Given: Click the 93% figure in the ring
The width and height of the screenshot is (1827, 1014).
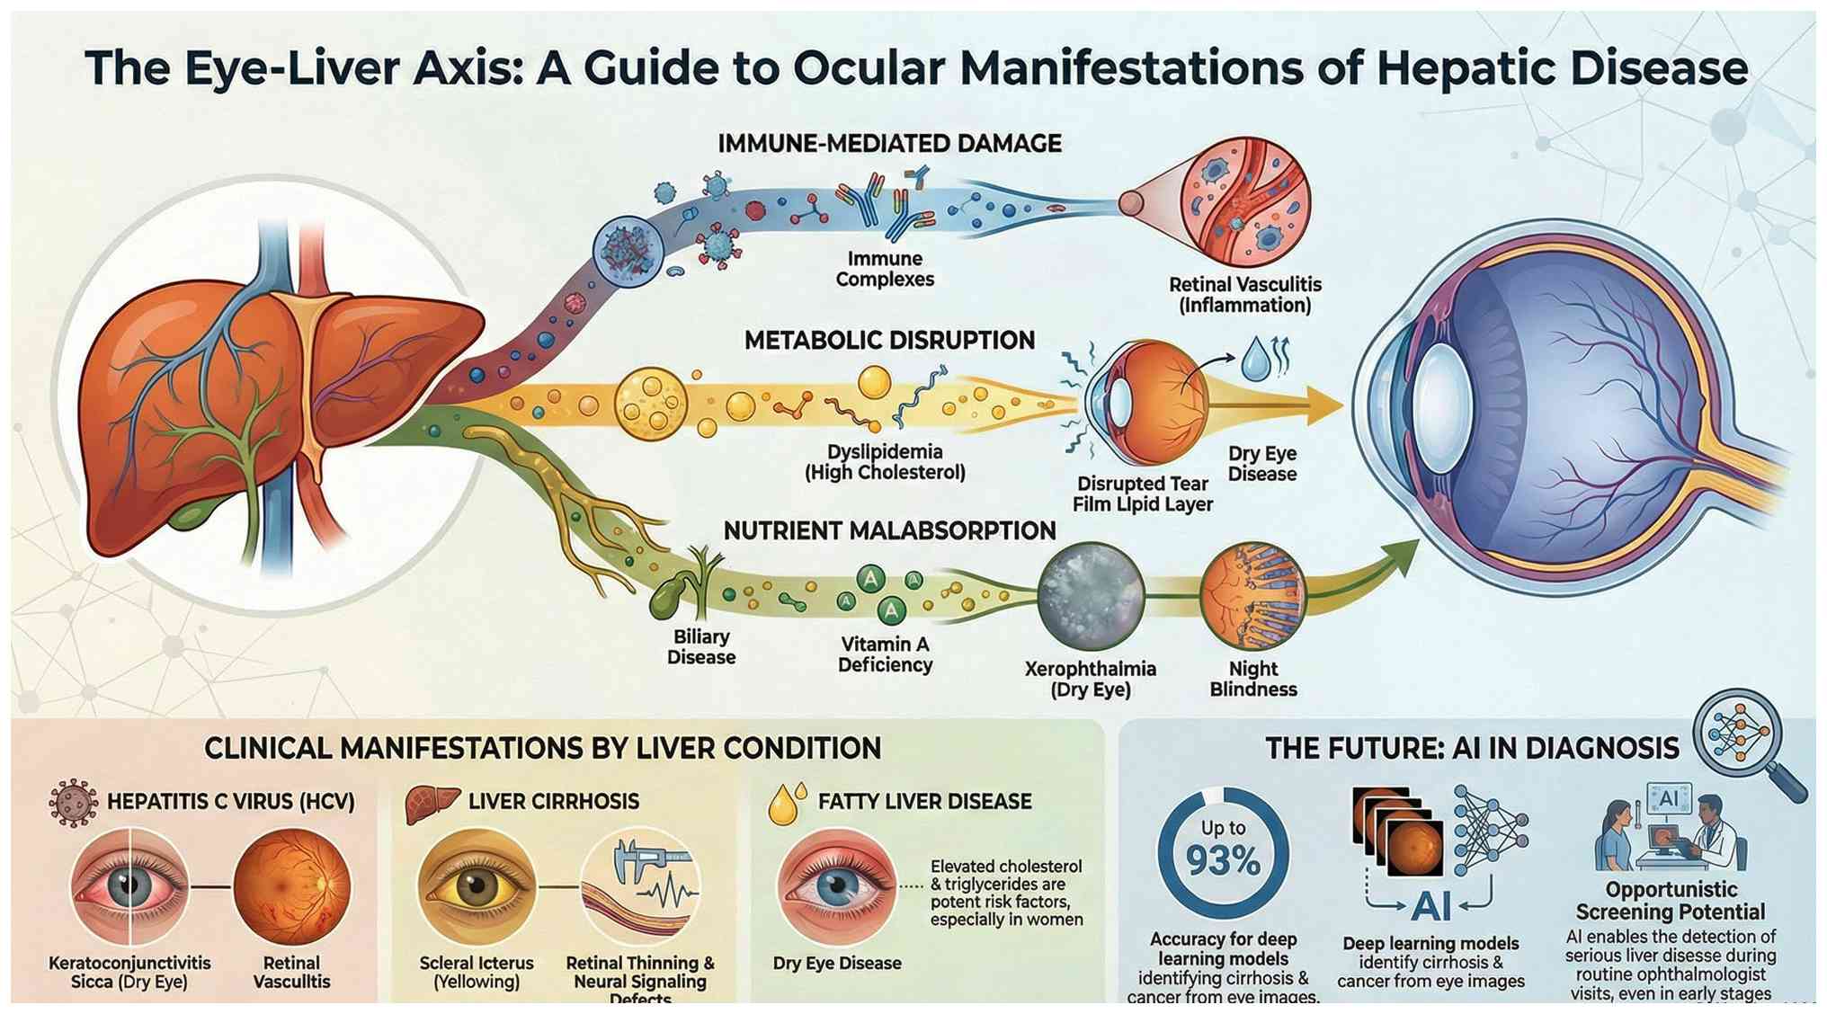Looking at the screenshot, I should click(1223, 860).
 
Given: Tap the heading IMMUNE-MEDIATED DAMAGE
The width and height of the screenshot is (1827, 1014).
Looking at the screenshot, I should click(889, 144).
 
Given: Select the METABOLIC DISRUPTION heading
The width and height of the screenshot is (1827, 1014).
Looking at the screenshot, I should click(889, 341).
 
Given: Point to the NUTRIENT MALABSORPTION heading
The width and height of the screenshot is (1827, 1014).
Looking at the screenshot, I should click(889, 531).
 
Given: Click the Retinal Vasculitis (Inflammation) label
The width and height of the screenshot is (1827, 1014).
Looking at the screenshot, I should click(1244, 295).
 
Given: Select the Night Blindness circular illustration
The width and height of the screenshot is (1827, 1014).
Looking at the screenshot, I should click(1252, 594).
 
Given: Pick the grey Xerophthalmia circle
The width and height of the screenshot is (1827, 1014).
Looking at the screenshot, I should click(1091, 596).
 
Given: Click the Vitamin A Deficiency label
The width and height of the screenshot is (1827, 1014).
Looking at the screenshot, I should click(885, 654).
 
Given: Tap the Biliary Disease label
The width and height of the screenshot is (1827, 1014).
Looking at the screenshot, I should click(701, 647).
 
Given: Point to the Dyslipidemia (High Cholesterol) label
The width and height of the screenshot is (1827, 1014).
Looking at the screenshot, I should click(885, 462).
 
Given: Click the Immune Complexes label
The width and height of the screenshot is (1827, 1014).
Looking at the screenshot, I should click(885, 269).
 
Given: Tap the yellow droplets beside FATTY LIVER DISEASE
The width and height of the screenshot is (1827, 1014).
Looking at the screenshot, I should click(787, 803).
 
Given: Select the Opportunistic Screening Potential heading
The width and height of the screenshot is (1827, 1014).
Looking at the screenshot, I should click(1671, 901).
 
